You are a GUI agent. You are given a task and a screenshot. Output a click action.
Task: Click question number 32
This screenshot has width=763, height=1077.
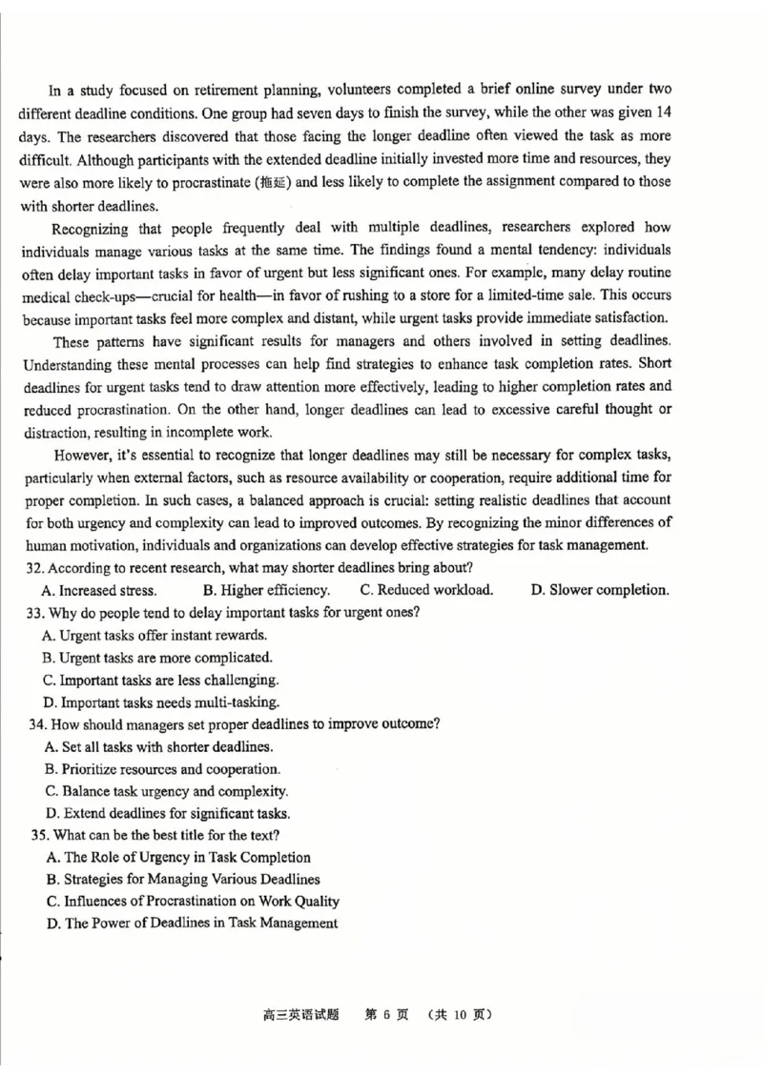pyautogui.click(x=37, y=567)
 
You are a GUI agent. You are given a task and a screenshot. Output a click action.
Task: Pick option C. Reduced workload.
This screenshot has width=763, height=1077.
pyautogui.click(x=426, y=590)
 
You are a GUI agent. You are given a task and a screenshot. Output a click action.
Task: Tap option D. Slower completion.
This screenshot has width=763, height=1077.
pyautogui.click(x=599, y=590)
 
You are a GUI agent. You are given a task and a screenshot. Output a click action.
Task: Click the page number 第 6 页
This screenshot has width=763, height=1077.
pyautogui.click(x=386, y=1014)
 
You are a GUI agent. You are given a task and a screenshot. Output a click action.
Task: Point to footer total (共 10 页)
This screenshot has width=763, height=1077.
pyautogui.click(x=461, y=1014)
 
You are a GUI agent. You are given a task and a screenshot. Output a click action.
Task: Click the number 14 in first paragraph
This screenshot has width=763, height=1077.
pyautogui.click(x=662, y=113)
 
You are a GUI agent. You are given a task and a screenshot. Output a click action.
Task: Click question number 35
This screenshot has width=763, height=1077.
pyautogui.click(x=39, y=835)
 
